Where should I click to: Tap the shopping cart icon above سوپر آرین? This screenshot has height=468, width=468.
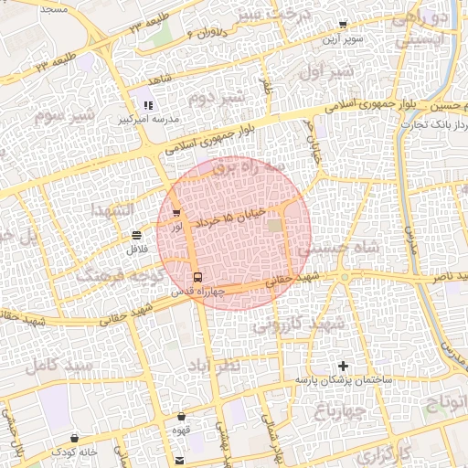(x=343, y=26)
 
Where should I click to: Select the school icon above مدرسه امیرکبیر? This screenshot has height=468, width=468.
(x=148, y=106)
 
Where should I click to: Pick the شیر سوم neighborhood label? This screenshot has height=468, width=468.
(x=65, y=116)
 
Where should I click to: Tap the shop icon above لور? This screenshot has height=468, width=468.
(x=175, y=213)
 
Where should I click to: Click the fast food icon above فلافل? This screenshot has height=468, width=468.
(x=137, y=236)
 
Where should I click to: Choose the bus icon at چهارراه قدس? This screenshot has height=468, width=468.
(x=197, y=278)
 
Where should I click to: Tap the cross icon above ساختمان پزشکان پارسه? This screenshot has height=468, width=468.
(x=343, y=366)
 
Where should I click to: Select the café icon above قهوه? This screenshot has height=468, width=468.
(x=183, y=417)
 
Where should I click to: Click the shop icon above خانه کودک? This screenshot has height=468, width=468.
(x=74, y=439)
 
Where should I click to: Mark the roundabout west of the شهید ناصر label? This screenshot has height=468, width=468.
(x=345, y=277)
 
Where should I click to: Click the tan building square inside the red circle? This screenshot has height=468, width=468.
(x=276, y=225)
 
